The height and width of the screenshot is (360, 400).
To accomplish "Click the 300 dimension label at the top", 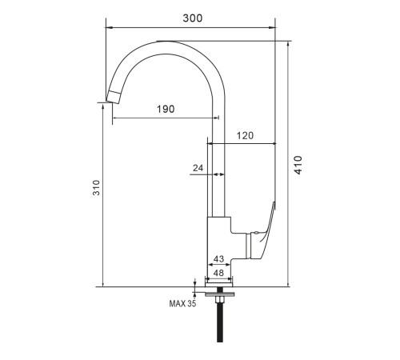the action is [193, 18].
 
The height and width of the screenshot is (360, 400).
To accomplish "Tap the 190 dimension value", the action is [166, 109].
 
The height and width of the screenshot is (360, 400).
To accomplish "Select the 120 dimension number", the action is [245, 136].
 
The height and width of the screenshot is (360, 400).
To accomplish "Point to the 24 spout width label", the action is [198, 168].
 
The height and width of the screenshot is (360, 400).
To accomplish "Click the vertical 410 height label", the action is [298, 165].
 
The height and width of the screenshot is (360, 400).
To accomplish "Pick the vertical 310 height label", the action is [96, 188].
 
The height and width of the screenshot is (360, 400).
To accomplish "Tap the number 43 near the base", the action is [218, 259].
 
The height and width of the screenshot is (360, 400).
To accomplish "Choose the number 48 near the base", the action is [218, 273].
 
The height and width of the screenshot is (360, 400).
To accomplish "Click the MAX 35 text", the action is [182, 303].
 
